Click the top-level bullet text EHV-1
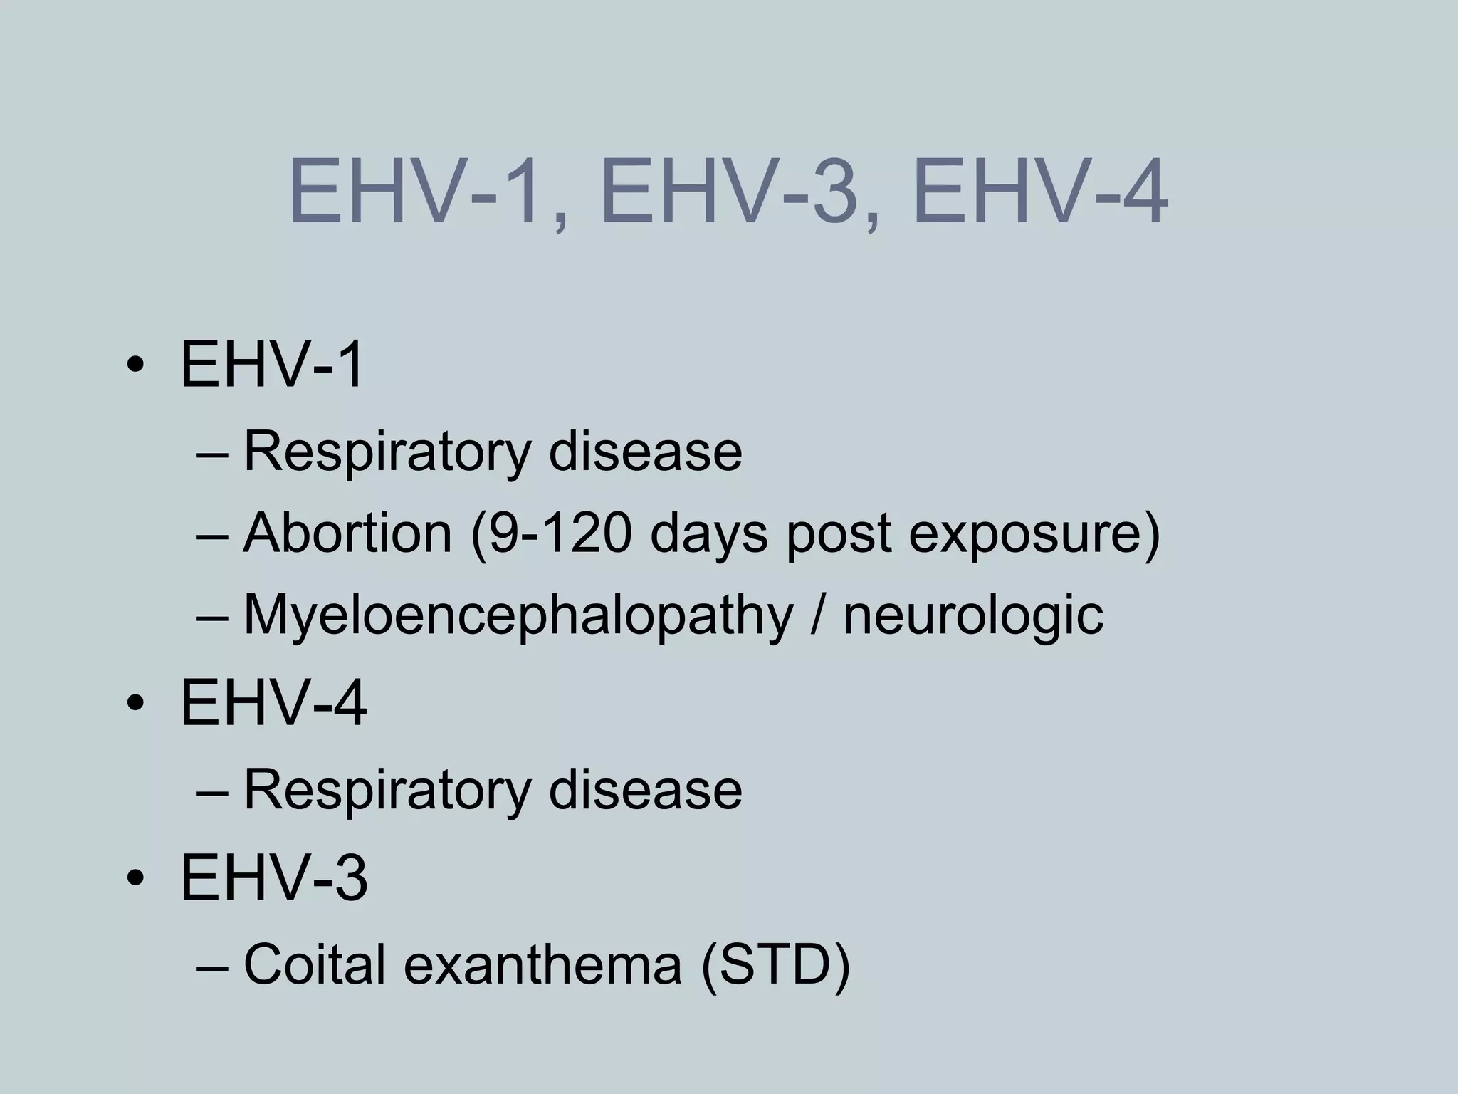pos(273,365)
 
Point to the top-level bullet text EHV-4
pos(273,704)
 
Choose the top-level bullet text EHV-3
pos(274,878)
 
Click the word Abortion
pos(347,533)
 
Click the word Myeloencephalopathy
pos(518,617)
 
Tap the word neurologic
pos(972,617)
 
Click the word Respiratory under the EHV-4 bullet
pos(387,791)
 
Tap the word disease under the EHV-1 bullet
pos(645,452)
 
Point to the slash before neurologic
pos(817,615)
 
